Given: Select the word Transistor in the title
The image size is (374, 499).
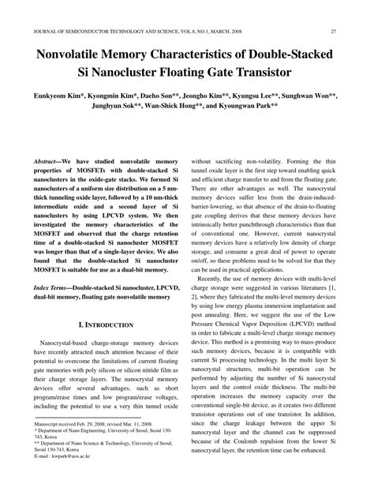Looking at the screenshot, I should pyautogui.click(x=256, y=76).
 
